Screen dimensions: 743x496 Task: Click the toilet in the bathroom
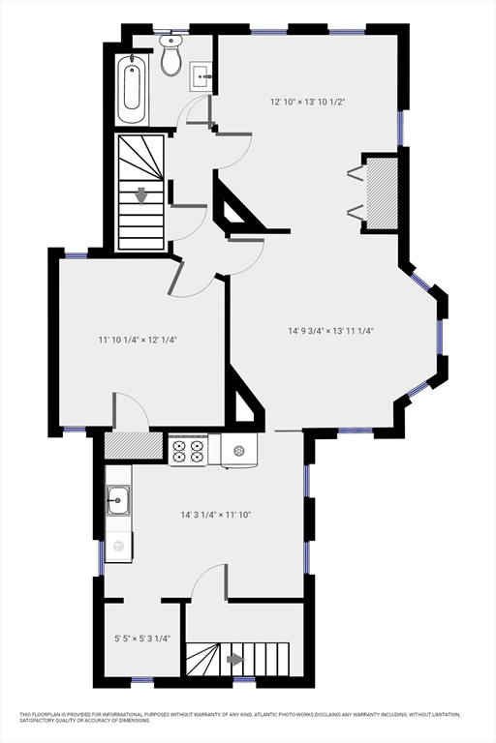pos(171,58)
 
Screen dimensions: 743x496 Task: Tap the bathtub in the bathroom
pos(133,89)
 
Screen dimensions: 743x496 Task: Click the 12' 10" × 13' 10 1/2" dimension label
pos(307,102)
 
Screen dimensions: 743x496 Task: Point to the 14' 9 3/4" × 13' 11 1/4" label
pos(330,331)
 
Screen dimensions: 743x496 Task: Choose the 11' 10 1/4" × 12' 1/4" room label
pos(137,340)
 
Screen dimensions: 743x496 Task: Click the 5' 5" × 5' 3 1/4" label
pos(136,639)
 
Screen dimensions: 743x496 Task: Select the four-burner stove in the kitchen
pos(188,450)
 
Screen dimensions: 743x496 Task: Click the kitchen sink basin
pos(118,500)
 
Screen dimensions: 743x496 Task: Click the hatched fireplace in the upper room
pos(381,193)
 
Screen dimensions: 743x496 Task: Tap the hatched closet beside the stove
pos(133,445)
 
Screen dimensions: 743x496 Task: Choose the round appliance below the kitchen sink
pos(118,547)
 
